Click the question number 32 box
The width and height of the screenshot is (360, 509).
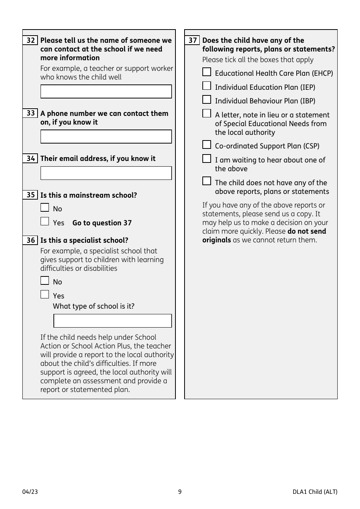[x=30, y=41]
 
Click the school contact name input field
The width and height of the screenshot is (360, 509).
[x=106, y=92]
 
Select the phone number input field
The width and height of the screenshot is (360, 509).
[x=106, y=137]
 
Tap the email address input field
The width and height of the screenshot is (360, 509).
[x=106, y=173]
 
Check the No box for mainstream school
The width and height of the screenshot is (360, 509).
[x=45, y=208]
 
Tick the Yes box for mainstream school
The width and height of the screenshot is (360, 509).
[x=45, y=221]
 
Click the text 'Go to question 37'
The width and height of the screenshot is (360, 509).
[x=102, y=223]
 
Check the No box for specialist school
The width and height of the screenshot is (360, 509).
[x=45, y=281]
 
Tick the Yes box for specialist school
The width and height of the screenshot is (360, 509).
[x=45, y=294]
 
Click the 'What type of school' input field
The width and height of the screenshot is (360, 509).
[x=113, y=321]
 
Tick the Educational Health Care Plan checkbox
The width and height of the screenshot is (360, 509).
[x=207, y=72]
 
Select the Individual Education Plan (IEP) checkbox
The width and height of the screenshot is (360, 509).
[x=207, y=86]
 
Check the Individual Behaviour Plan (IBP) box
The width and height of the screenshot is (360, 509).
[x=207, y=100]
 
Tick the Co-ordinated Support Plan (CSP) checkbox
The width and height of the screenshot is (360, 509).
[x=207, y=145]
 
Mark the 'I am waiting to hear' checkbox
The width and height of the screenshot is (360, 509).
[x=207, y=159]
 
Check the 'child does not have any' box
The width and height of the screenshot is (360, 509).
[x=207, y=181]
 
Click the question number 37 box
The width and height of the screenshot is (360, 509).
[x=193, y=41]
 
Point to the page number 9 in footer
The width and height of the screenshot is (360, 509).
[x=180, y=492]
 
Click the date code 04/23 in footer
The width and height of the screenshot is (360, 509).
[x=30, y=492]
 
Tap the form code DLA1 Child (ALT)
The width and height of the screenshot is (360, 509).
[x=315, y=492]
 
